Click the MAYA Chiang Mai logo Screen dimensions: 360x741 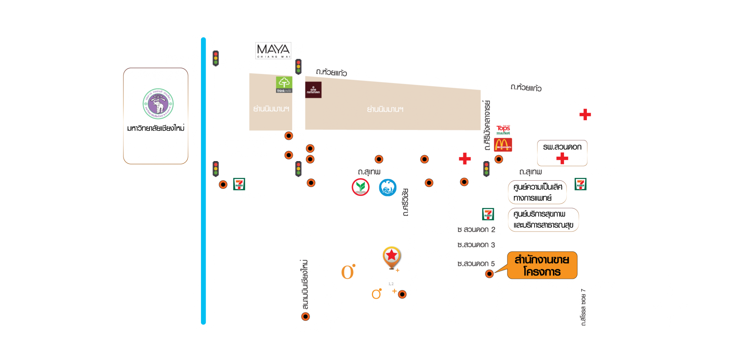coord(273,51)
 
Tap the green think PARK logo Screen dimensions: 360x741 coord(284,85)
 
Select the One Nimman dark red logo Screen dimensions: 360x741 coord(313,90)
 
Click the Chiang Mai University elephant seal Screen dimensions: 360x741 coord(158,104)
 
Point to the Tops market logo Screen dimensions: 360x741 coord(503,129)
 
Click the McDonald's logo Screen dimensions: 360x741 coord(503,145)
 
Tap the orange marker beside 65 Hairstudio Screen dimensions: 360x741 coord(289,136)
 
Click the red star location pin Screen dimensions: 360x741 coord(392,256)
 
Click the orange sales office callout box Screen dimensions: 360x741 coord(542,265)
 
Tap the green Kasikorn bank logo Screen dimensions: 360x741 coord(360,187)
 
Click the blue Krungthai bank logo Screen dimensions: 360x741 coord(388,188)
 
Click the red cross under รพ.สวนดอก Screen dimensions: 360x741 coord(562,158)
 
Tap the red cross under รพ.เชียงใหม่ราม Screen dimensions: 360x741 coord(585,115)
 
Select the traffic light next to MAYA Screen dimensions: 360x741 coord(298,67)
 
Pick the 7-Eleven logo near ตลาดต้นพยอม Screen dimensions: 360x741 coord(239,184)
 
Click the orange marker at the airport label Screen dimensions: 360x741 coord(305,316)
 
